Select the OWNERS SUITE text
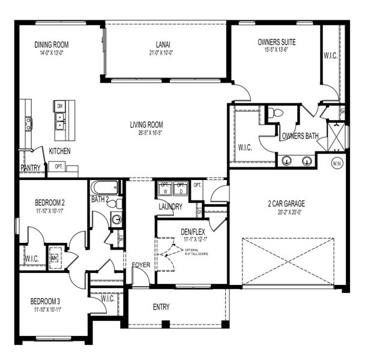coord(277,42)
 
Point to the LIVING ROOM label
coord(146,125)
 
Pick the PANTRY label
coord(30,168)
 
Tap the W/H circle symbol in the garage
coord(337,162)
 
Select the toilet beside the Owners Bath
coord(276,113)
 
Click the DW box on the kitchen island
coord(59,106)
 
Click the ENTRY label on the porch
coord(161,307)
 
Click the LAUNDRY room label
coord(170,206)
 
